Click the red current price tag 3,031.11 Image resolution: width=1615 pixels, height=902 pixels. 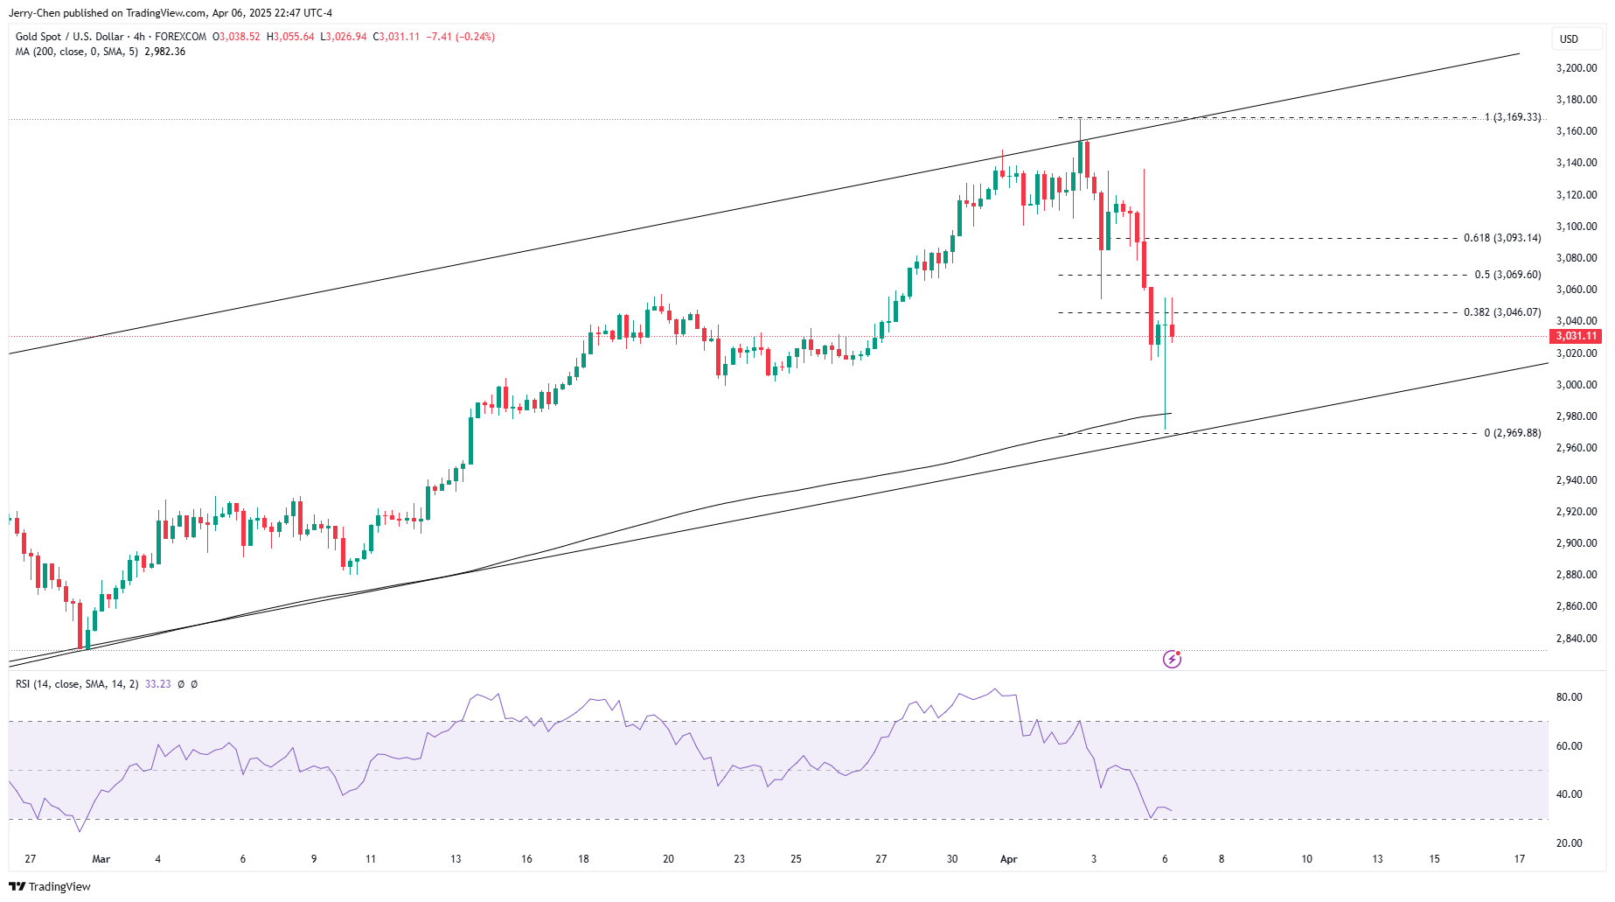(x=1576, y=336)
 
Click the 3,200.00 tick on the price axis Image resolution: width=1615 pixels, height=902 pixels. (x=1577, y=68)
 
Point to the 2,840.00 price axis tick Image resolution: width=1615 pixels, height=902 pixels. (x=1577, y=639)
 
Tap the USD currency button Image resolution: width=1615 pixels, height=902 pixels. (x=1570, y=38)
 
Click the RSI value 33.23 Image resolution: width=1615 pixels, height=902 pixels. (x=158, y=684)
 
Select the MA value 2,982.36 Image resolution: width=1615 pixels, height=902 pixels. (x=164, y=52)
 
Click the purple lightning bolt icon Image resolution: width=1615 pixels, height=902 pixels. (x=1172, y=659)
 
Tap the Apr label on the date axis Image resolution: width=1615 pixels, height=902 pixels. (x=1009, y=859)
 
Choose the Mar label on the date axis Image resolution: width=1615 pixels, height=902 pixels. (x=101, y=859)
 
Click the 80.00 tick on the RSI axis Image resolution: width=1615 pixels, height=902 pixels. (x=1569, y=697)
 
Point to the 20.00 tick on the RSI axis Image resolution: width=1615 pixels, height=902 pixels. (x=1569, y=843)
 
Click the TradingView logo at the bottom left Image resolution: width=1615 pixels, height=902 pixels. (x=50, y=886)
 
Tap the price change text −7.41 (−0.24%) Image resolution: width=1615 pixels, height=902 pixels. (x=461, y=37)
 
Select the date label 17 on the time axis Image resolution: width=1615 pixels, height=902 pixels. (x=1520, y=859)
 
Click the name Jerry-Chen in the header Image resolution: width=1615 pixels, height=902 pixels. (x=34, y=13)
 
